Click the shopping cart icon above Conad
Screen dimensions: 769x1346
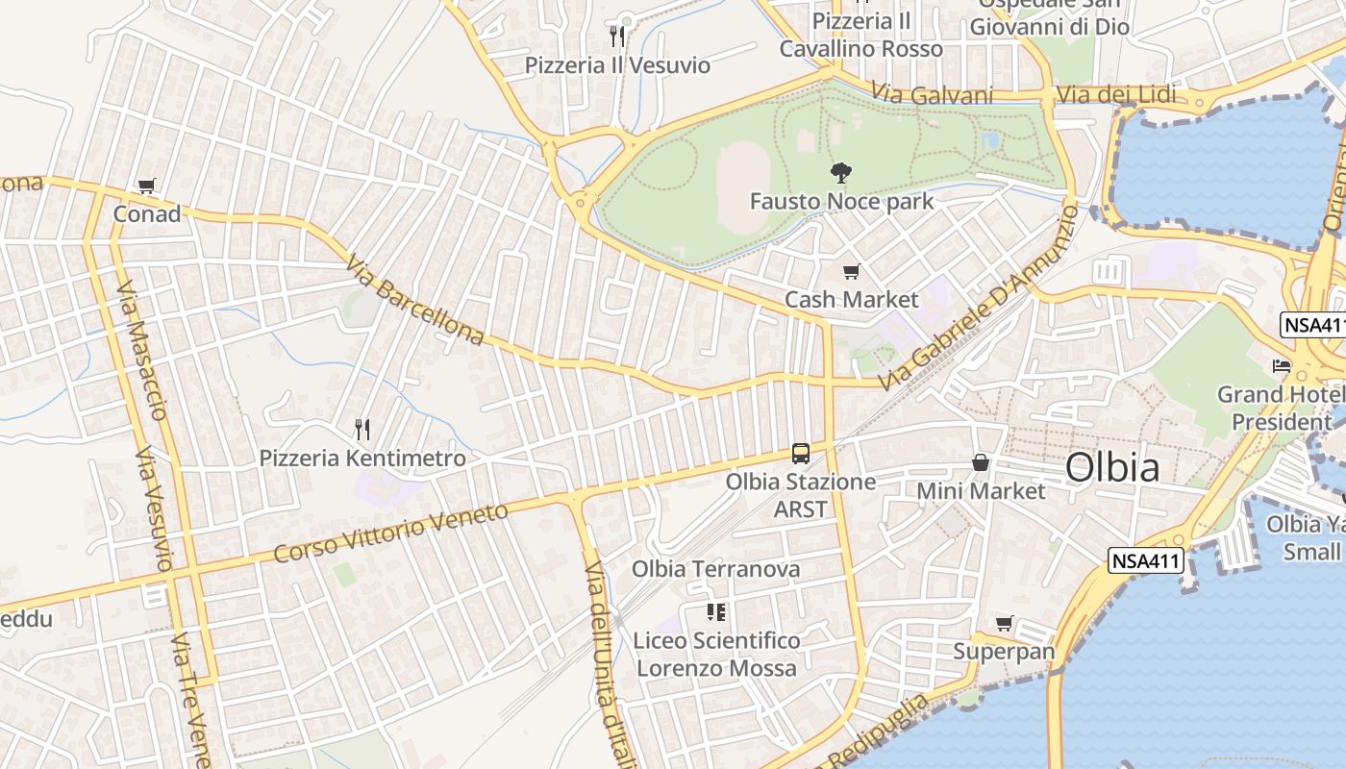coord(146,186)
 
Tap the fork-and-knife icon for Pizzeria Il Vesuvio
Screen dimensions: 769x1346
coord(617,37)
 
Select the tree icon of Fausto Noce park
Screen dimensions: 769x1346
coord(841,173)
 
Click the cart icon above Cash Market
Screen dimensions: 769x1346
coord(851,272)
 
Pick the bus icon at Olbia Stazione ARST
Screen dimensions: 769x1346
coord(800,453)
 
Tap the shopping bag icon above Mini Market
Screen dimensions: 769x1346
coord(980,462)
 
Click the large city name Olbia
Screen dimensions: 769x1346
coord(1112,468)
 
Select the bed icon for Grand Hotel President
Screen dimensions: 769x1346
coord(1282,366)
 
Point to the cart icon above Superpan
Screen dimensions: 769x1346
coord(1004,624)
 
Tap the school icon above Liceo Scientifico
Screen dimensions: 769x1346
coord(715,611)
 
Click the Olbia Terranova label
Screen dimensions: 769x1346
coord(715,569)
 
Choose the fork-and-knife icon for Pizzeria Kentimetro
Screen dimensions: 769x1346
coord(361,429)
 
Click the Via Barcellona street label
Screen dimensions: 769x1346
coord(415,300)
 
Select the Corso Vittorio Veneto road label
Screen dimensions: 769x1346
coord(390,533)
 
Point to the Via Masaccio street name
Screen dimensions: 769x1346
coord(143,350)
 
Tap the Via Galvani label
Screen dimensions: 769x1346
coord(932,94)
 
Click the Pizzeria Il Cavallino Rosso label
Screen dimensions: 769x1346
coord(860,35)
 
